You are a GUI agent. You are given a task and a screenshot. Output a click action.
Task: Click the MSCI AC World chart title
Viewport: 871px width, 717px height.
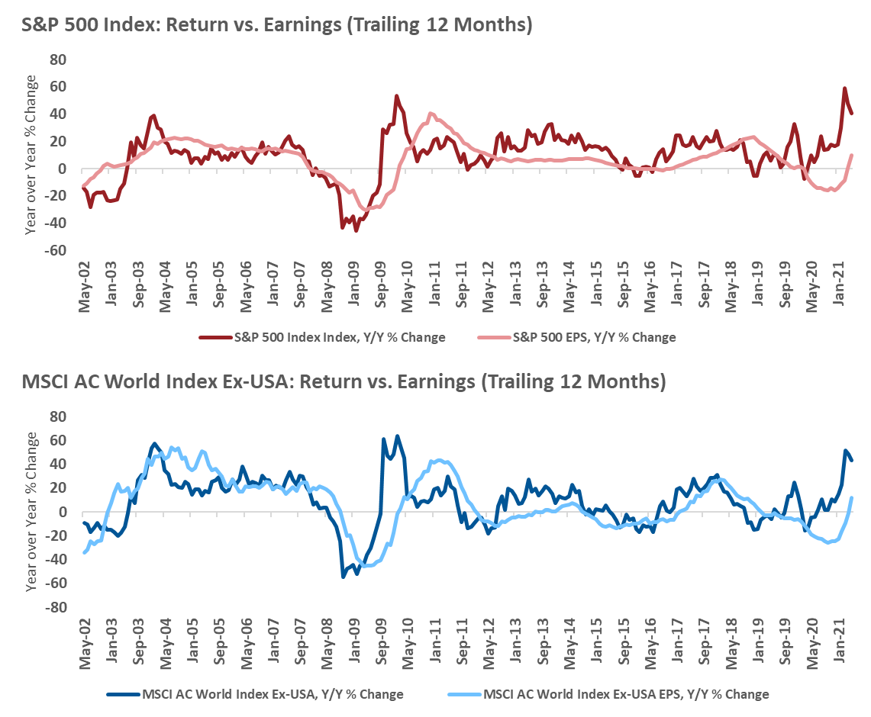click(x=334, y=381)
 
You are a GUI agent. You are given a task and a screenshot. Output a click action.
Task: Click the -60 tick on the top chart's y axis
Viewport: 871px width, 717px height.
click(x=56, y=250)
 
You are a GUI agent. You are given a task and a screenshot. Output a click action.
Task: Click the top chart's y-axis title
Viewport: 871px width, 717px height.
click(x=31, y=156)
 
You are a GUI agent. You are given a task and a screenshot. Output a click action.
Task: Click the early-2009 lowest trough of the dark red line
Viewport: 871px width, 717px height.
click(x=356, y=230)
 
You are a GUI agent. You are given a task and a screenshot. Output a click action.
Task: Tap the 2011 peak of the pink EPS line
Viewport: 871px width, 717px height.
click(x=431, y=114)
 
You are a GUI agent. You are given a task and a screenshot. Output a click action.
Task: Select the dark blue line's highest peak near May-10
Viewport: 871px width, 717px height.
click(x=397, y=436)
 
